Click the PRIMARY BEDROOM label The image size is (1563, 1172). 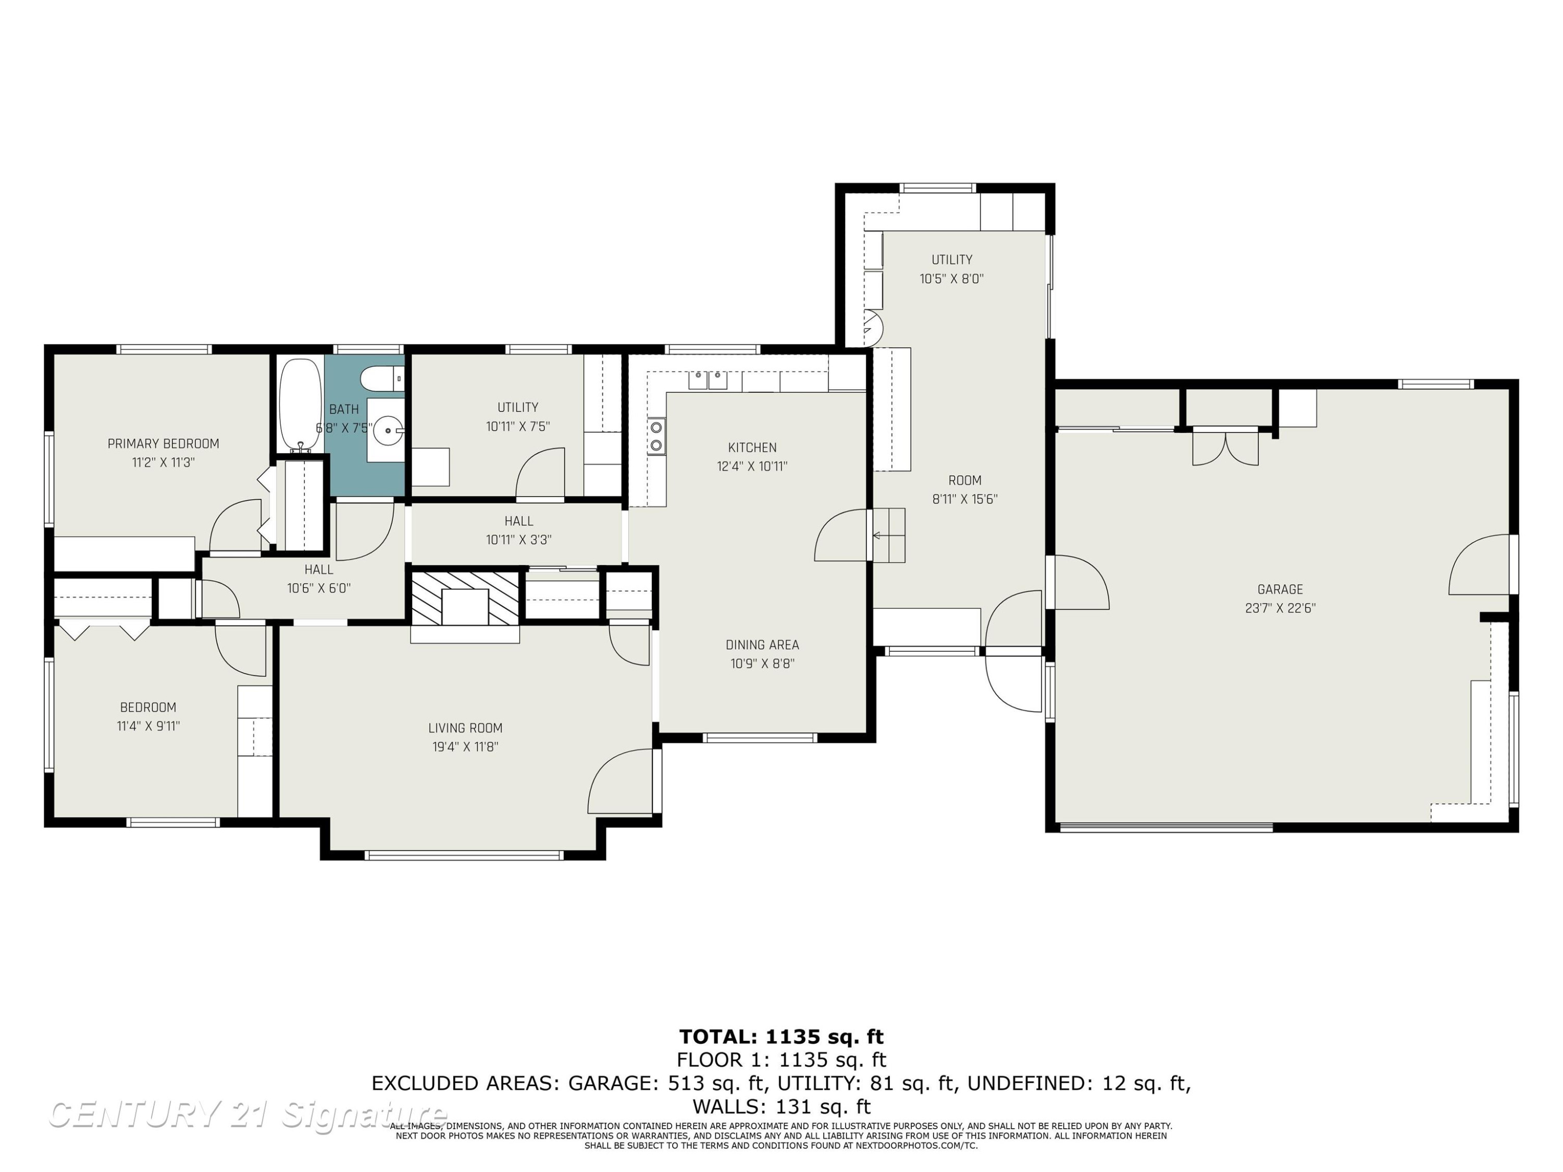[x=163, y=444]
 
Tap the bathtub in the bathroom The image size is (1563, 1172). [x=300, y=405]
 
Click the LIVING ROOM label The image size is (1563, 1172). [x=466, y=728]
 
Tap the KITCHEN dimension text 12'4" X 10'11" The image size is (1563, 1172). [x=752, y=466]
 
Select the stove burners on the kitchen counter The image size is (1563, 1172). [x=656, y=436]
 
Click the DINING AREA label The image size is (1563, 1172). [x=762, y=645]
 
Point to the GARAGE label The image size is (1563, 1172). [x=1281, y=589]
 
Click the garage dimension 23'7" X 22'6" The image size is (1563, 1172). [x=1281, y=608]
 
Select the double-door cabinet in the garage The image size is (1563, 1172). [x=1225, y=446]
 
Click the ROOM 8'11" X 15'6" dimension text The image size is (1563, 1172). [x=965, y=500]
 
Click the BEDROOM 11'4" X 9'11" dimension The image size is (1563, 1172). [x=148, y=726]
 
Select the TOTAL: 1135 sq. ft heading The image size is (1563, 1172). [x=781, y=1037]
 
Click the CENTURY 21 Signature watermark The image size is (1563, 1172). [x=247, y=1114]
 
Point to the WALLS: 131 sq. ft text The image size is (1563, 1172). [x=781, y=1106]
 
